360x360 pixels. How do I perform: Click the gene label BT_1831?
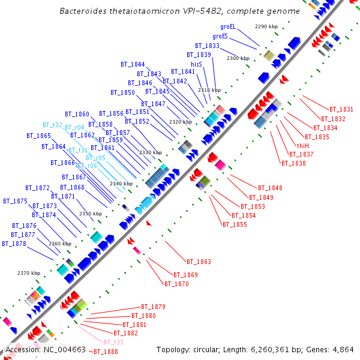click(x=341, y=109)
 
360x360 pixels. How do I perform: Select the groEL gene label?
click(x=228, y=26)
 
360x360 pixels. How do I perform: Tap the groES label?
click(x=220, y=36)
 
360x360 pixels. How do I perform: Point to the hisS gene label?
click(x=197, y=64)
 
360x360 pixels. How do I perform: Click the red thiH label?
click(x=303, y=146)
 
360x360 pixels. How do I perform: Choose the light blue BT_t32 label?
click(x=52, y=125)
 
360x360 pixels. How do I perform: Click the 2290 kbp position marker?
click(x=266, y=27)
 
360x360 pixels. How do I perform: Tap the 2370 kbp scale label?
click(x=29, y=274)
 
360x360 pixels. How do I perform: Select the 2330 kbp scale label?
click(x=151, y=153)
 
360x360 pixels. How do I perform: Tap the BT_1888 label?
click(x=106, y=352)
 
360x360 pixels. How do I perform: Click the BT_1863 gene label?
click(x=199, y=262)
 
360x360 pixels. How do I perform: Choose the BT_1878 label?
click(x=14, y=244)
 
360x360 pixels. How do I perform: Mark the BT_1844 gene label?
click(x=133, y=64)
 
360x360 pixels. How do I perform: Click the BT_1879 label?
click(x=153, y=307)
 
